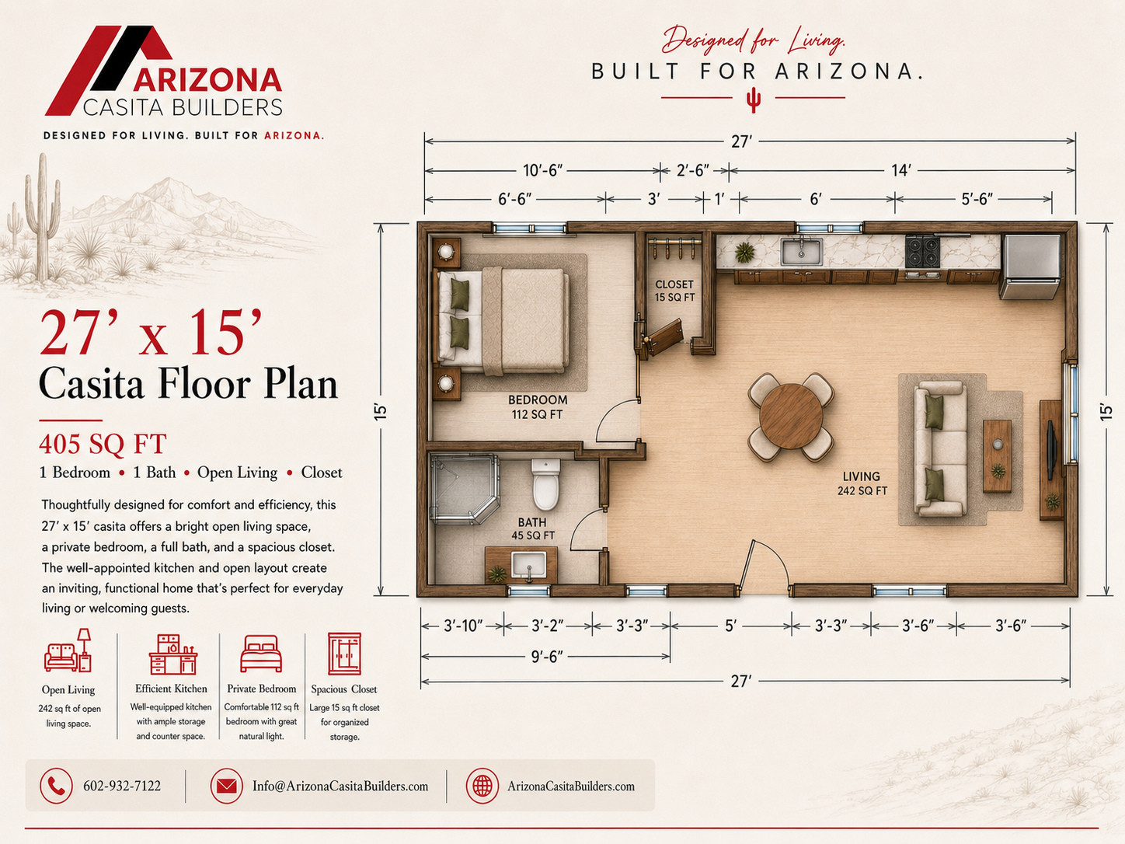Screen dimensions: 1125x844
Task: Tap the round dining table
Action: point(791,416)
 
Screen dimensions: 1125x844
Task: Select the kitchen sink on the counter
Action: point(802,252)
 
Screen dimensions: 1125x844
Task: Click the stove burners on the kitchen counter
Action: point(922,252)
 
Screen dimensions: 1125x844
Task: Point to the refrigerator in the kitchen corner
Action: point(1030,267)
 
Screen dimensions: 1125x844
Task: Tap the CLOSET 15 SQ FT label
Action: point(674,291)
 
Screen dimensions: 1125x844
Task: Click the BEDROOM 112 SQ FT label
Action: point(538,407)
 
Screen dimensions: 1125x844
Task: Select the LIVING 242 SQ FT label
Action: point(862,483)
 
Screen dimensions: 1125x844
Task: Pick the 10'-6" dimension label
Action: point(543,170)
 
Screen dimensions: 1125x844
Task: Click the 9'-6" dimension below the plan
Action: point(547,657)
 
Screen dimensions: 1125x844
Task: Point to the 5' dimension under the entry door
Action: point(731,626)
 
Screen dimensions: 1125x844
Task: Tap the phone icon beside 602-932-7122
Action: point(56,786)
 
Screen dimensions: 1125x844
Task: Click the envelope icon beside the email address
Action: point(227,786)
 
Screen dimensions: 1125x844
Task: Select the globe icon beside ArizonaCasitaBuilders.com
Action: point(482,786)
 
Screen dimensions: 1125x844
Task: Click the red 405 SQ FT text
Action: point(103,444)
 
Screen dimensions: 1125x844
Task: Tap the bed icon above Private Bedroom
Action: point(261,654)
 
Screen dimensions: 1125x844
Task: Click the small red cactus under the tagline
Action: point(753,100)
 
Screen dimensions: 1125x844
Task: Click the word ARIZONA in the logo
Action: point(208,80)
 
